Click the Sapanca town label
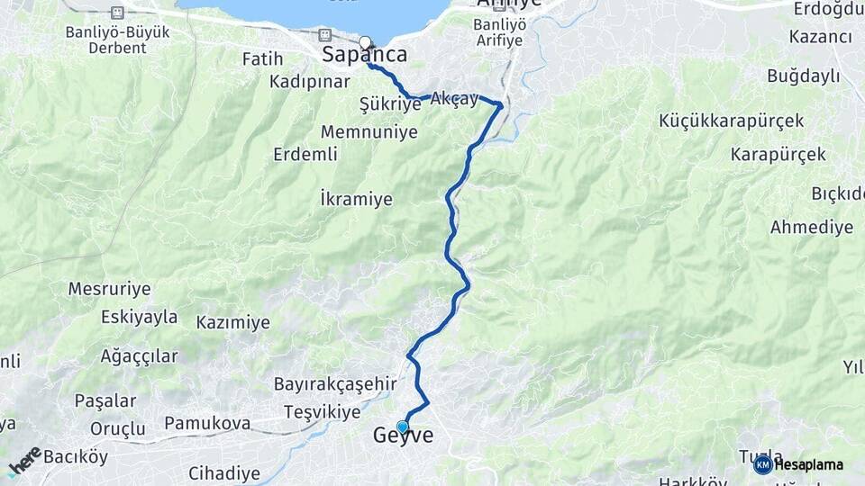(365, 55)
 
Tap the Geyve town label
(403, 436)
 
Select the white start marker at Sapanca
(365, 42)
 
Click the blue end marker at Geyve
(403, 427)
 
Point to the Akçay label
(454, 98)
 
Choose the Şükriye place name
(390, 104)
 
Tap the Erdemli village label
(305, 154)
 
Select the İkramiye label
(357, 199)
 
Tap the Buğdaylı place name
(803, 76)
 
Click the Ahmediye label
(811, 227)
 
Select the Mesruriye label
(109, 290)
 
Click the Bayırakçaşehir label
(335, 384)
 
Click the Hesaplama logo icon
(762, 464)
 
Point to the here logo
(24, 461)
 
